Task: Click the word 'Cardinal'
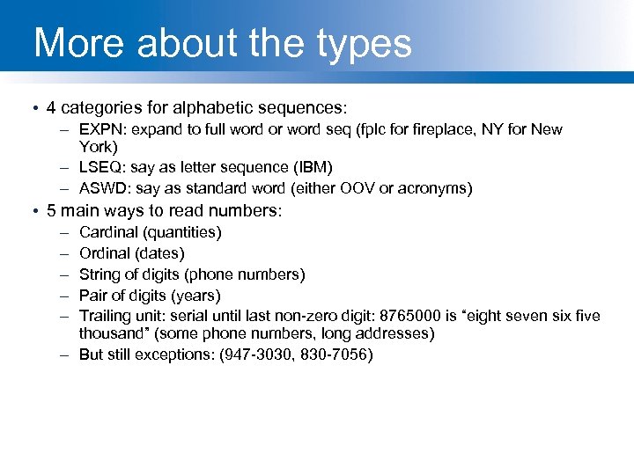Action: [x=107, y=232]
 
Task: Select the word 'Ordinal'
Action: [x=105, y=253]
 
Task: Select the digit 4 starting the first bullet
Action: [x=51, y=108]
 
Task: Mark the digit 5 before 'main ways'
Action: [x=51, y=211]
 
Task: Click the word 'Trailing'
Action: [x=104, y=316]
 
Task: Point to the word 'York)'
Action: [x=98, y=146]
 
